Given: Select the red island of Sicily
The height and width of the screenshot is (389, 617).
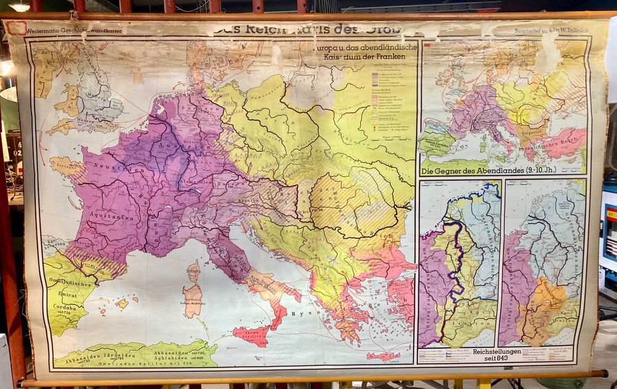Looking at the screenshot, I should coord(252,335).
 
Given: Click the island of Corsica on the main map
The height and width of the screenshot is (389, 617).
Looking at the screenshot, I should coord(194,270).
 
